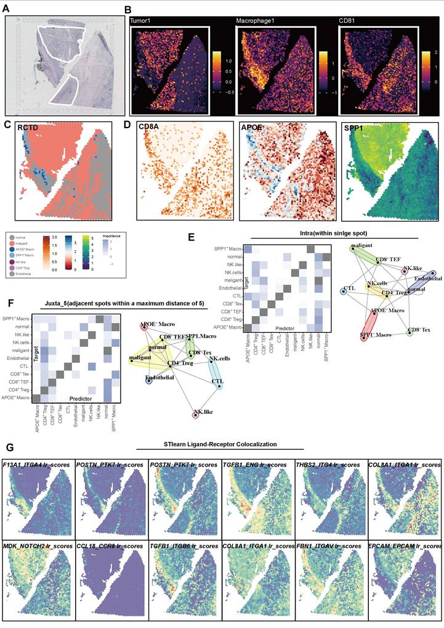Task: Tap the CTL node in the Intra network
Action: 342,289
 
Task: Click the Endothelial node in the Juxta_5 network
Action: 149,381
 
